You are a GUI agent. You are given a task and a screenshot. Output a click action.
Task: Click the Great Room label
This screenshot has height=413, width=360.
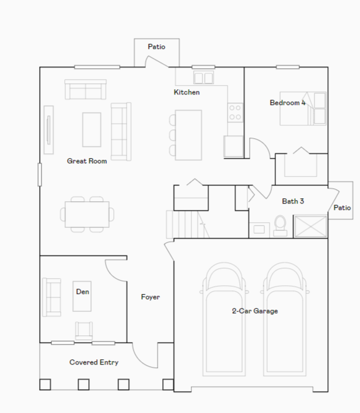coord(87,161)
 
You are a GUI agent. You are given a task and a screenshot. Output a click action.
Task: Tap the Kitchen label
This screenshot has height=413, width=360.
coord(187,92)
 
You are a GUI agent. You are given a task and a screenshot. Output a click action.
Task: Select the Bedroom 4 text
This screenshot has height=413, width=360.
coord(288,103)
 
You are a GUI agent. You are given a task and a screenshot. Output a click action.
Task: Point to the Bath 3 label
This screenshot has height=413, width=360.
coord(293,201)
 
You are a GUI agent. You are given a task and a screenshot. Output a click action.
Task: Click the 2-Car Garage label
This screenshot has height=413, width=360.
coord(255,311)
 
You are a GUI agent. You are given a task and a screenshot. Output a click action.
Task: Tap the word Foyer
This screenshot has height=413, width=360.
coord(150,297)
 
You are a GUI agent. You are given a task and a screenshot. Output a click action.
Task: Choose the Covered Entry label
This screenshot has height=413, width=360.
coord(94,362)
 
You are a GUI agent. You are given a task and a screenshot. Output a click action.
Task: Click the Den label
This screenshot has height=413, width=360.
coord(82,292)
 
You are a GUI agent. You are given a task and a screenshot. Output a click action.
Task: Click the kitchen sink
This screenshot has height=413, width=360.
coord(204,78)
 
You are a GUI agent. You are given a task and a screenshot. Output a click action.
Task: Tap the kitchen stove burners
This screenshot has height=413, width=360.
coord(235,112)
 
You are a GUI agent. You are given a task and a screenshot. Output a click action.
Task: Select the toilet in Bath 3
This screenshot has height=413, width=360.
coord(280,226)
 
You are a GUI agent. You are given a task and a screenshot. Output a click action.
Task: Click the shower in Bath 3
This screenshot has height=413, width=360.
coord(311,226)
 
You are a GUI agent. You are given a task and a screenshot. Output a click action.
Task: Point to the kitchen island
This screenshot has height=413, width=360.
coord(188,135)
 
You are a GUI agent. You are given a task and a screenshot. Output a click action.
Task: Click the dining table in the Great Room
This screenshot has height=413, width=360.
coord(88,215)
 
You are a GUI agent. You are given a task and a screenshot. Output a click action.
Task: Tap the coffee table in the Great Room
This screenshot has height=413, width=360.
coord(92,129)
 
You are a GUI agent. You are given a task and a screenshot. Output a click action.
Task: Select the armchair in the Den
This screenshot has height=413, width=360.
coord(84,331)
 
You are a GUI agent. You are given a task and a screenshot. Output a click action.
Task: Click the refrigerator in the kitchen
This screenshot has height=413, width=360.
coord(233,146)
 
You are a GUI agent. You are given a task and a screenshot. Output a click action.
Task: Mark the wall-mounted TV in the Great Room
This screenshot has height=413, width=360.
coord(48,130)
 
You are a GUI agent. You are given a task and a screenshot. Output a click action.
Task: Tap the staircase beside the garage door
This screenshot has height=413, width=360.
coord(188,225)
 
